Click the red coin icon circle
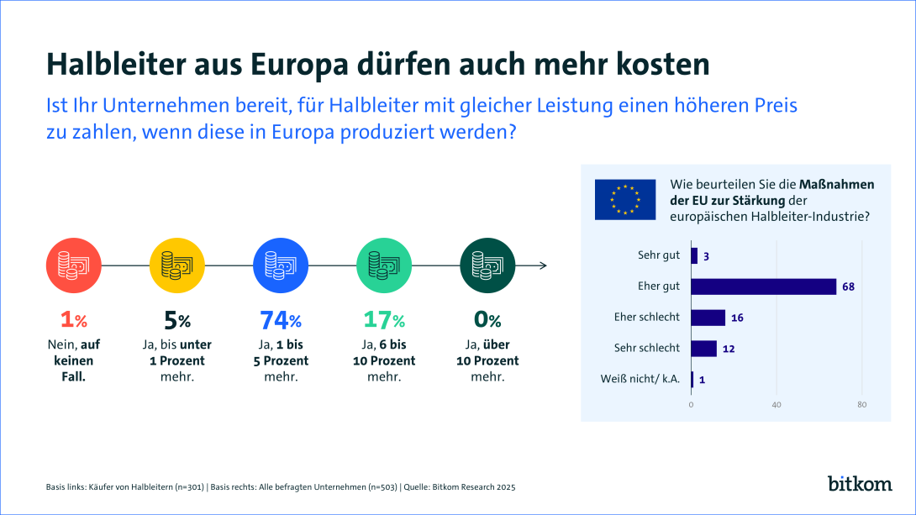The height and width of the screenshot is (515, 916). (73, 265)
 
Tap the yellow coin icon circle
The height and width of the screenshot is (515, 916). (176, 265)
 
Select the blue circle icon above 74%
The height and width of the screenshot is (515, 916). (281, 265)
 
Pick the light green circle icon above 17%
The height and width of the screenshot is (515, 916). (384, 265)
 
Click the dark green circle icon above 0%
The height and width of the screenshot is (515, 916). (487, 265)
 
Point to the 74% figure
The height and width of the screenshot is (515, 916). (281, 320)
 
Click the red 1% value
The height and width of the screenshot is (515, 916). (73, 320)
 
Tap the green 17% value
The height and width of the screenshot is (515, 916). (384, 320)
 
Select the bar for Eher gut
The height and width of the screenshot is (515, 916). (763, 286)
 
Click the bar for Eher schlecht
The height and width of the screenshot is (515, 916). (708, 318)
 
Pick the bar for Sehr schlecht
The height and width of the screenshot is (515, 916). (703, 348)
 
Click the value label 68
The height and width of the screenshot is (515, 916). (848, 286)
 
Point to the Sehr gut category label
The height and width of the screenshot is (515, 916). (658, 255)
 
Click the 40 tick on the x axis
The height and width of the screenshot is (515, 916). (776, 405)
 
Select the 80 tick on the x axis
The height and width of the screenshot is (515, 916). (861, 405)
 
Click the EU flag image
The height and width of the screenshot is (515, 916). (624, 199)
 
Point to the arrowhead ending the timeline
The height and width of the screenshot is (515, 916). (544, 265)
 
